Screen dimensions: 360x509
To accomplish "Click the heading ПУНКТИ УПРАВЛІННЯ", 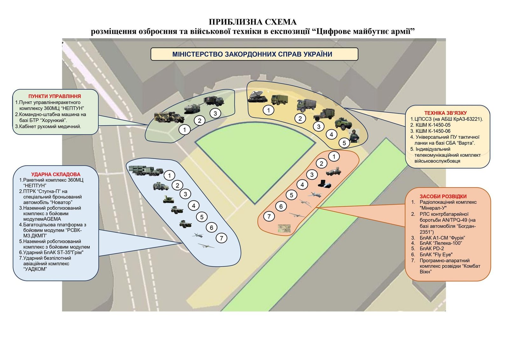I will pos(54,96).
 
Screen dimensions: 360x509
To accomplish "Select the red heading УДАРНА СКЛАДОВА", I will pos(56,174).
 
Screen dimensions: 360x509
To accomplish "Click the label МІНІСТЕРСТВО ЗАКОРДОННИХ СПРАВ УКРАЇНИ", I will pos(252,54).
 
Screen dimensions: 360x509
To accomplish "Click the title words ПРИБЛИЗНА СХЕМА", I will pos(253,22).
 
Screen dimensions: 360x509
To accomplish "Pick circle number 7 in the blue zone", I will pos(221,238).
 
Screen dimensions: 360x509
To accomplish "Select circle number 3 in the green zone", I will pos(215,113).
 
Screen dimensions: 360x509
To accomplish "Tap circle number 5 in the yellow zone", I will pos(344,143).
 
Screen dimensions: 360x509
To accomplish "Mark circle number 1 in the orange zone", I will pos(334,157).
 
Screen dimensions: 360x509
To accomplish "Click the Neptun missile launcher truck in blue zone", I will pos(145,171).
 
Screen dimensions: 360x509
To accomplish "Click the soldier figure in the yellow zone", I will pos(354,136).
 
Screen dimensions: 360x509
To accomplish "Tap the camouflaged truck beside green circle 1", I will pos(169,117).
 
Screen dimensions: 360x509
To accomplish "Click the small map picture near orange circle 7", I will pos(284,228).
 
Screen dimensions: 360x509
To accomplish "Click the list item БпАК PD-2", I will pos(431,249).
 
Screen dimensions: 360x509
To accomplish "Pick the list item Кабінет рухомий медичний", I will pos(48,126).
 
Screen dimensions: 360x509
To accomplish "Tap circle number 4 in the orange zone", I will pos(302,185).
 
